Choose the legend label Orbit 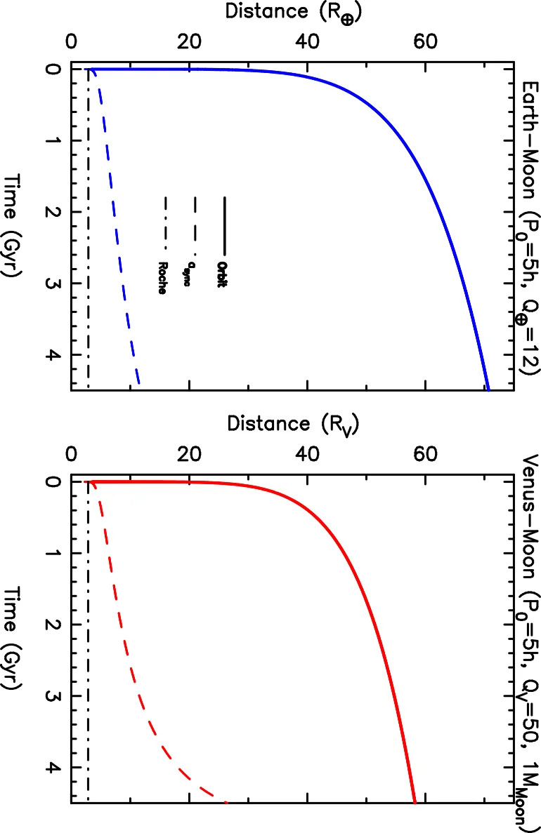point(222,274)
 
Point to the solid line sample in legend point(225,225)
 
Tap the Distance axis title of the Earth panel point(294,12)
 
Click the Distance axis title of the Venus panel point(293,425)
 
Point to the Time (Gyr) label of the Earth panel point(14,226)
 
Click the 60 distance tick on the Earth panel point(426,42)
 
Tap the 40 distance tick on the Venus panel point(308,455)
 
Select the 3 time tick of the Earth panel point(51,283)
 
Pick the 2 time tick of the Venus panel point(51,625)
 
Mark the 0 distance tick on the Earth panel point(71,42)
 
